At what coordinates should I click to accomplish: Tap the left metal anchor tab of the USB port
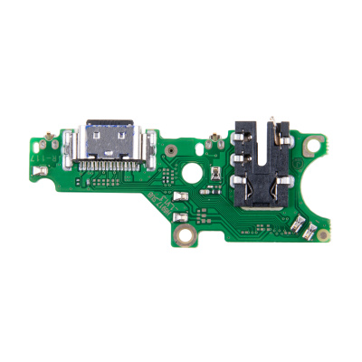78,145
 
